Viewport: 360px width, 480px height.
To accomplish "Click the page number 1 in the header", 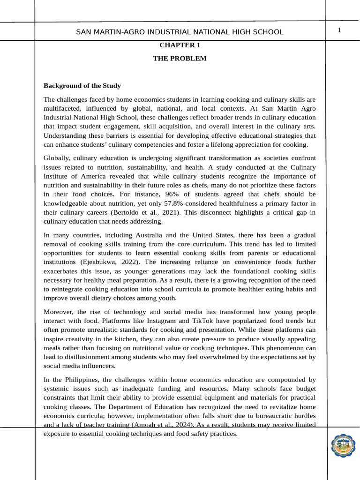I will (339, 30).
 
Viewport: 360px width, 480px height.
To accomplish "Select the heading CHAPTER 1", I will (180, 45).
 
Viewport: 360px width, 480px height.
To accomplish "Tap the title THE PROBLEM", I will (180, 59).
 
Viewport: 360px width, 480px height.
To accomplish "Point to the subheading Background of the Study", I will (82, 86).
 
